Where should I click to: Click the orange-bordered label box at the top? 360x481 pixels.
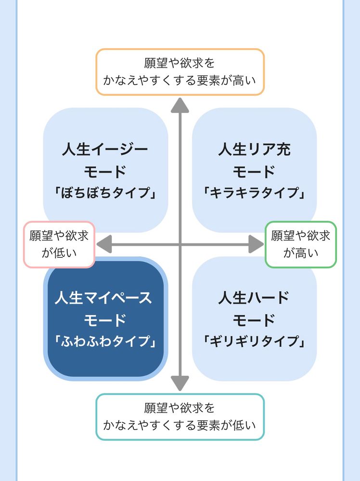[x=180, y=72]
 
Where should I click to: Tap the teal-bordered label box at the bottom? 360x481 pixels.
[x=180, y=417]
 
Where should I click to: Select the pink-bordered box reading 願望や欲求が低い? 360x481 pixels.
[x=59, y=244]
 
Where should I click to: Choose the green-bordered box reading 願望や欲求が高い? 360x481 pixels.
[x=301, y=244]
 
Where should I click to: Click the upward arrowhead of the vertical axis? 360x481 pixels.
[x=180, y=105]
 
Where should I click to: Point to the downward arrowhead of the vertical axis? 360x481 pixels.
[x=180, y=383]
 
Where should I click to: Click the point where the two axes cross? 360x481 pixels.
[x=180, y=244]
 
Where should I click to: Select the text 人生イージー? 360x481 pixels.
[x=105, y=149]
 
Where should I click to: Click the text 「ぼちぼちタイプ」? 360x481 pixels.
[x=105, y=193]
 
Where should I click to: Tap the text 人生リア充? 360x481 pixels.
[x=254, y=149]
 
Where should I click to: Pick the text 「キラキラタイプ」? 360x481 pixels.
[x=254, y=193]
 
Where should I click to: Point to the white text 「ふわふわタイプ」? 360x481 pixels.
[x=105, y=342]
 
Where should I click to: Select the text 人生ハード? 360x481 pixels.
[x=254, y=298]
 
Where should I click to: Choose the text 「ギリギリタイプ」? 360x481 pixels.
[x=254, y=342]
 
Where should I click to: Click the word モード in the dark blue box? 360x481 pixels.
[x=105, y=320]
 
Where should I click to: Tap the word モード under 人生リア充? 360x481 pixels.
[x=254, y=171]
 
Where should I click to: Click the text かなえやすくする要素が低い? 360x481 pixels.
[x=180, y=425]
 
